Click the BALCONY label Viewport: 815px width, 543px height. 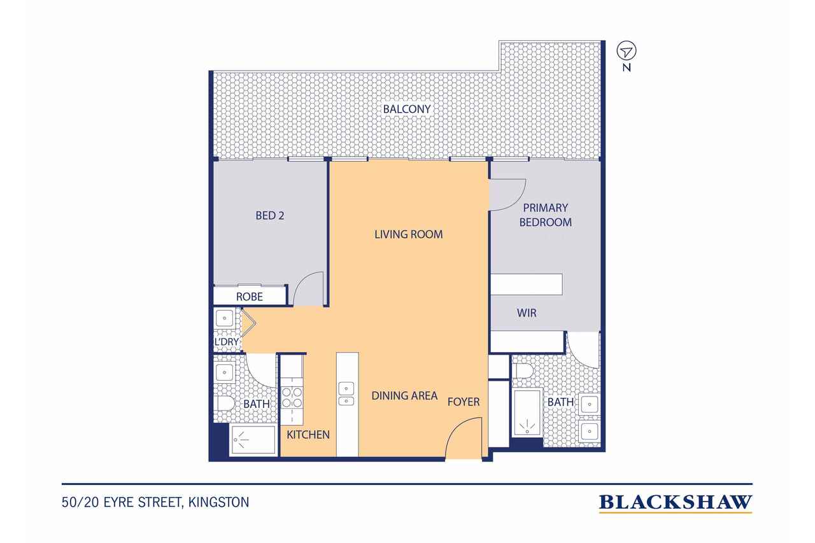[407, 109]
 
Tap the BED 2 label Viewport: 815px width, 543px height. [269, 216]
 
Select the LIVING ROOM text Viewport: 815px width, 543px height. [409, 234]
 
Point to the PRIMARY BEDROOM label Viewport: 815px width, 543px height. [546, 215]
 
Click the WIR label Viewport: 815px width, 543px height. [527, 313]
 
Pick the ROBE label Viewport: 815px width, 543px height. [249, 297]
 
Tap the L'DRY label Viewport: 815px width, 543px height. [227, 342]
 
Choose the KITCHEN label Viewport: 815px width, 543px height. [308, 435]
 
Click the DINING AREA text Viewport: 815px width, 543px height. [404, 396]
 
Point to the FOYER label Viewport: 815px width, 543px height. [464, 402]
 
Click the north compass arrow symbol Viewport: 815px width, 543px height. [627, 52]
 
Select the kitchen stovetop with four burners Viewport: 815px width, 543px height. [292, 398]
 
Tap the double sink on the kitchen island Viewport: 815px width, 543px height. [346, 393]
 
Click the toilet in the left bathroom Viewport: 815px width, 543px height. [225, 404]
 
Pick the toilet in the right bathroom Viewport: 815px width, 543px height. [523, 371]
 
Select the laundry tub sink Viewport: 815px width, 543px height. [225, 318]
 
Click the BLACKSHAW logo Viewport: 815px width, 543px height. [676, 503]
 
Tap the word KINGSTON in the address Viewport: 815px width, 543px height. [218, 502]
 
